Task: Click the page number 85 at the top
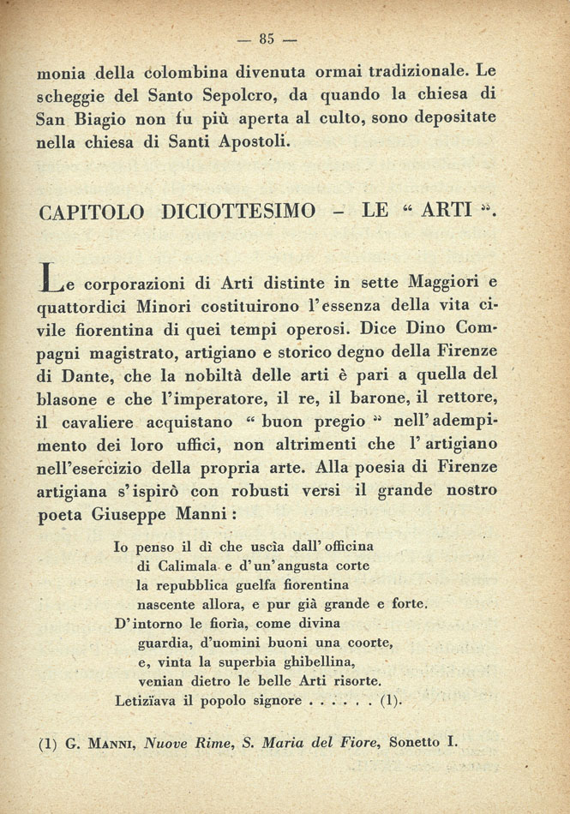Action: click(x=267, y=38)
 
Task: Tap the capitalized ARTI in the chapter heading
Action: click(x=447, y=211)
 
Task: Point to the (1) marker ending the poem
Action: click(x=389, y=700)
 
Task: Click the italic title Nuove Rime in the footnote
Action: click(x=184, y=743)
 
